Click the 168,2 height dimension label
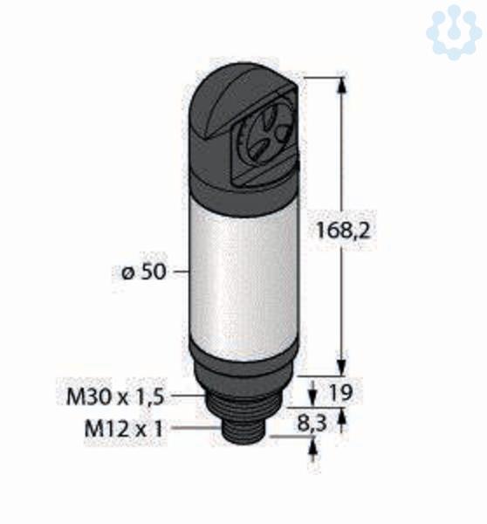point(343,230)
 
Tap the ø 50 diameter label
point(144,272)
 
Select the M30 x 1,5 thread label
point(115,396)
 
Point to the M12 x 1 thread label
point(124,428)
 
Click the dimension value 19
point(340,392)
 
